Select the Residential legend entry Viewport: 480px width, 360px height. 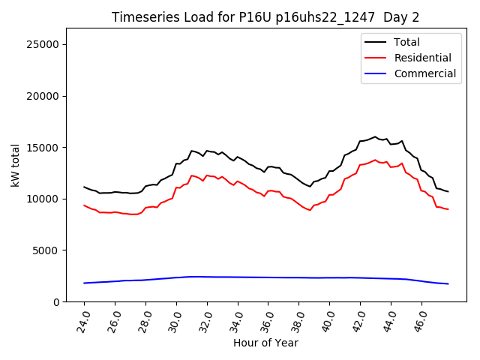pyautogui.click(x=422, y=58)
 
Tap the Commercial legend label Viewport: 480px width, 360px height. pyautogui.click(x=424, y=73)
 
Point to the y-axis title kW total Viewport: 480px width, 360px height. pyautogui.click(x=15, y=165)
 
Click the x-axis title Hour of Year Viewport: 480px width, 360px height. pyautogui.click(x=265, y=343)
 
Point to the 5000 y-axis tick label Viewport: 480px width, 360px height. pyautogui.click(x=47, y=250)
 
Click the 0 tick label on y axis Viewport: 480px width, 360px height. pyautogui.click(x=56, y=301)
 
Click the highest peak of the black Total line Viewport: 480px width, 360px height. pyautogui.click(x=375, y=136)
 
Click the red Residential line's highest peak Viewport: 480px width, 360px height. pyautogui.click(x=375, y=160)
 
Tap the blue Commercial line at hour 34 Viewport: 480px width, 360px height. pyautogui.click(x=238, y=277)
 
